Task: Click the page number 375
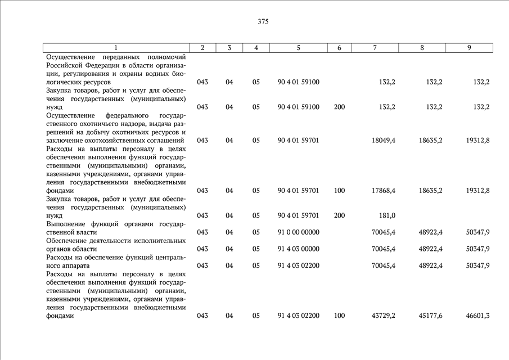(x=263, y=22)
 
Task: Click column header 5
(x=298, y=48)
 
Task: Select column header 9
(x=469, y=48)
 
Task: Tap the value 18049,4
(x=384, y=140)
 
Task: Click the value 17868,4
(x=384, y=191)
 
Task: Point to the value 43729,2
(x=384, y=316)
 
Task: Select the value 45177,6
(x=430, y=316)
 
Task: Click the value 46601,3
(x=478, y=316)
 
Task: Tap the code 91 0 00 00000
(x=298, y=232)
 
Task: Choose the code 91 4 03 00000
(x=298, y=249)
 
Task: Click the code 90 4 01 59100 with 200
(x=298, y=107)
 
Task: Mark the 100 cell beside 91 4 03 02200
(x=339, y=316)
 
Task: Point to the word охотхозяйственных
(x=97, y=140)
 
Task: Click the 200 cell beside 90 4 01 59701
(x=339, y=215)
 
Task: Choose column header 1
(x=116, y=48)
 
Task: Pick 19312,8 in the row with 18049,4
(x=478, y=140)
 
